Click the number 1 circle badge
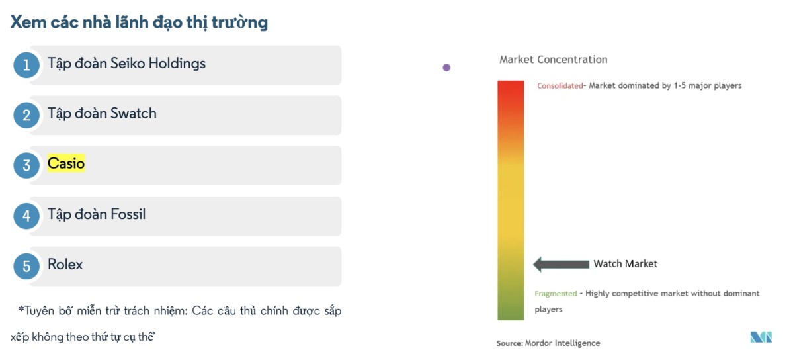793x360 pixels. [x=26, y=65]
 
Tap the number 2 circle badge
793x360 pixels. [x=26, y=115]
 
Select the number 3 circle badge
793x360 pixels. [x=26, y=165]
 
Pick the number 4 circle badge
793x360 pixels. [x=26, y=216]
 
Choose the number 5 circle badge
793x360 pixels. [x=26, y=266]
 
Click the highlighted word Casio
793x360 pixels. [x=66, y=163]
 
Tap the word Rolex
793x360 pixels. [x=65, y=264]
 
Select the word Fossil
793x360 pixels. [x=128, y=214]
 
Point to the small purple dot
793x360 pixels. [x=446, y=67]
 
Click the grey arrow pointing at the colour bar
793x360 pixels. [x=562, y=264]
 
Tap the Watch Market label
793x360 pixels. [x=626, y=264]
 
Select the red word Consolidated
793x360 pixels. [x=560, y=86]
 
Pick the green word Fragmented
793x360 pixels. [x=556, y=294]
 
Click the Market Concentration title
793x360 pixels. [x=554, y=60]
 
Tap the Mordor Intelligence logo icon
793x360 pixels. [x=761, y=337]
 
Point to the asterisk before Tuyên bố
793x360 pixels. [x=21, y=309]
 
